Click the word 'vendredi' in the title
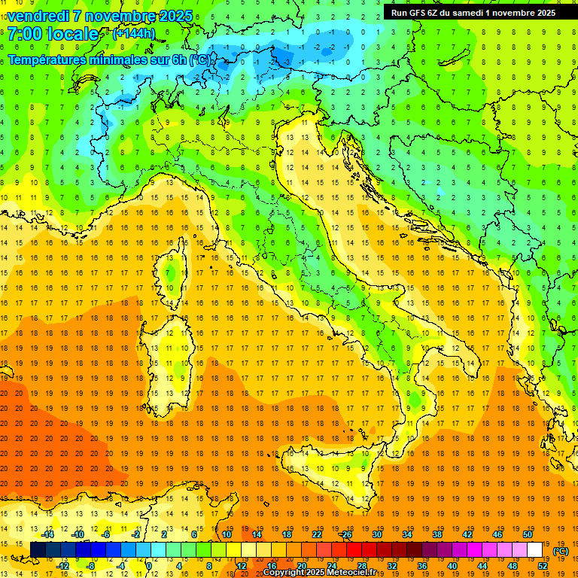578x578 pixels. (x=38, y=16)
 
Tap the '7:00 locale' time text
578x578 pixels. (x=53, y=35)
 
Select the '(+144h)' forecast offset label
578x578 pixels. (x=133, y=34)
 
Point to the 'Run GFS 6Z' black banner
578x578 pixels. (x=473, y=13)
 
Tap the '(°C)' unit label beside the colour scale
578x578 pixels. (x=561, y=551)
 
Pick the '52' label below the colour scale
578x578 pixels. (x=542, y=566)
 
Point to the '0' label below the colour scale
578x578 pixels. (x=149, y=566)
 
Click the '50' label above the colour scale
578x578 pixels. (x=527, y=534)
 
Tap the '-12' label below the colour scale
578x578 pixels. (x=63, y=566)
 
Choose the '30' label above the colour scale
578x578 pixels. (x=377, y=534)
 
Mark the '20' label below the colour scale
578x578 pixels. (x=301, y=566)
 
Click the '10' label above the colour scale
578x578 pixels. (x=227, y=534)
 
